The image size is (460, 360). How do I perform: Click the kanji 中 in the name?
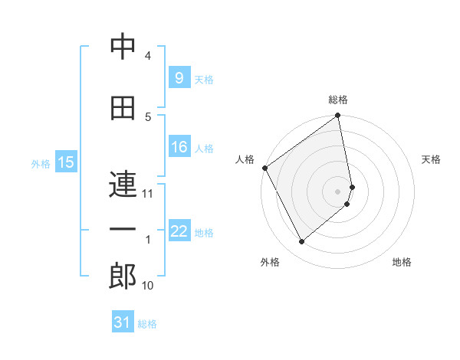coord(123,47)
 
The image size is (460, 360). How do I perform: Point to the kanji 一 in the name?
coord(123,230)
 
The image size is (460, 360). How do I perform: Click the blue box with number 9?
coord(179,78)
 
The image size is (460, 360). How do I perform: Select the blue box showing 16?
coord(179,147)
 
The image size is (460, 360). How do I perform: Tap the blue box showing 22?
coord(179,231)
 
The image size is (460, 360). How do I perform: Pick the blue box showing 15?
coord(66,162)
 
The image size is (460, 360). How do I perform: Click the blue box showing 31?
coord(123,322)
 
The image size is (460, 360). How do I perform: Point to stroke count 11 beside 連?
coord(148,194)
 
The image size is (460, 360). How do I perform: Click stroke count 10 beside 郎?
coord(148,286)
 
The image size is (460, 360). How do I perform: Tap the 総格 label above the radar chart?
coord(338,100)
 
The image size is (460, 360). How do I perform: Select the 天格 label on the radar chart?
coord(432,159)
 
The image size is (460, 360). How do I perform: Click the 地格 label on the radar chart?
coord(402,262)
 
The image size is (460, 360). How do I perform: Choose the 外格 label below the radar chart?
coord(270,262)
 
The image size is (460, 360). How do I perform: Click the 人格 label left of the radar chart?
coord(245,159)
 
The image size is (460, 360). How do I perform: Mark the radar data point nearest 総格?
coord(338,116)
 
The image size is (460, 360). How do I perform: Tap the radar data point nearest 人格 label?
coord(264,168)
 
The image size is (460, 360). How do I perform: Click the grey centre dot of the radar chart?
coord(338,191)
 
